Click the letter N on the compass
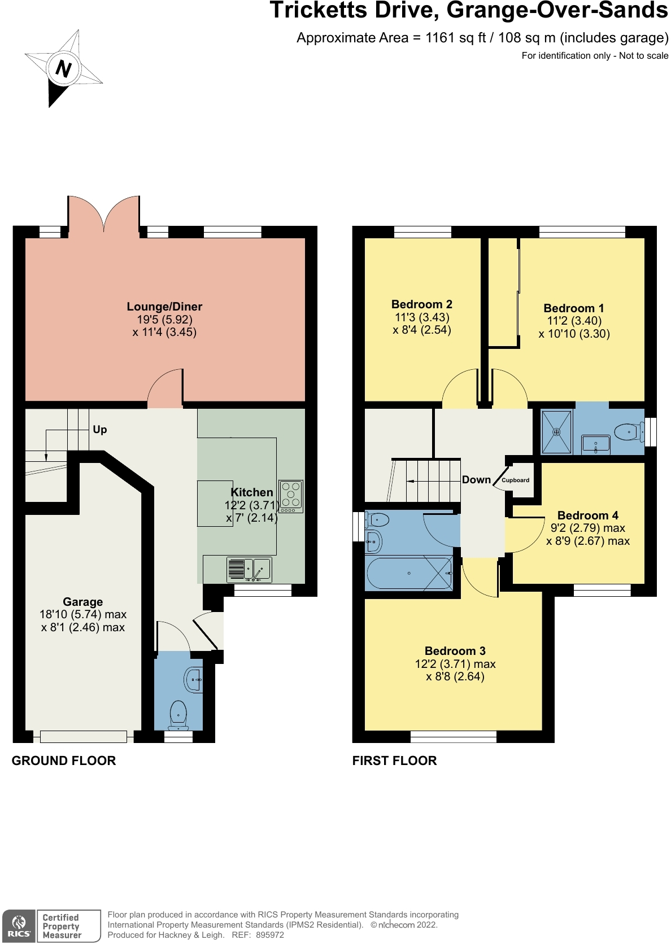63,69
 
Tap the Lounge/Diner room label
164,307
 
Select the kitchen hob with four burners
291,496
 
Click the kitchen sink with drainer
249,570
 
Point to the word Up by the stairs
100,430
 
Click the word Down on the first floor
476,480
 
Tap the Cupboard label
515,480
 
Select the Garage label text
83,602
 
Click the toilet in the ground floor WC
178,714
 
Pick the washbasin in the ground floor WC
194,680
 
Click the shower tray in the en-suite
556,432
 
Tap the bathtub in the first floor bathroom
409,574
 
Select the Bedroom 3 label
455,651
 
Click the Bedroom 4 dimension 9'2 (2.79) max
587,528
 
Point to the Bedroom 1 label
573,308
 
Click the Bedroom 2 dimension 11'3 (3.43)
422,317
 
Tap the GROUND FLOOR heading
64,761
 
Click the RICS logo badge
19,926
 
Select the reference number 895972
270,935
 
